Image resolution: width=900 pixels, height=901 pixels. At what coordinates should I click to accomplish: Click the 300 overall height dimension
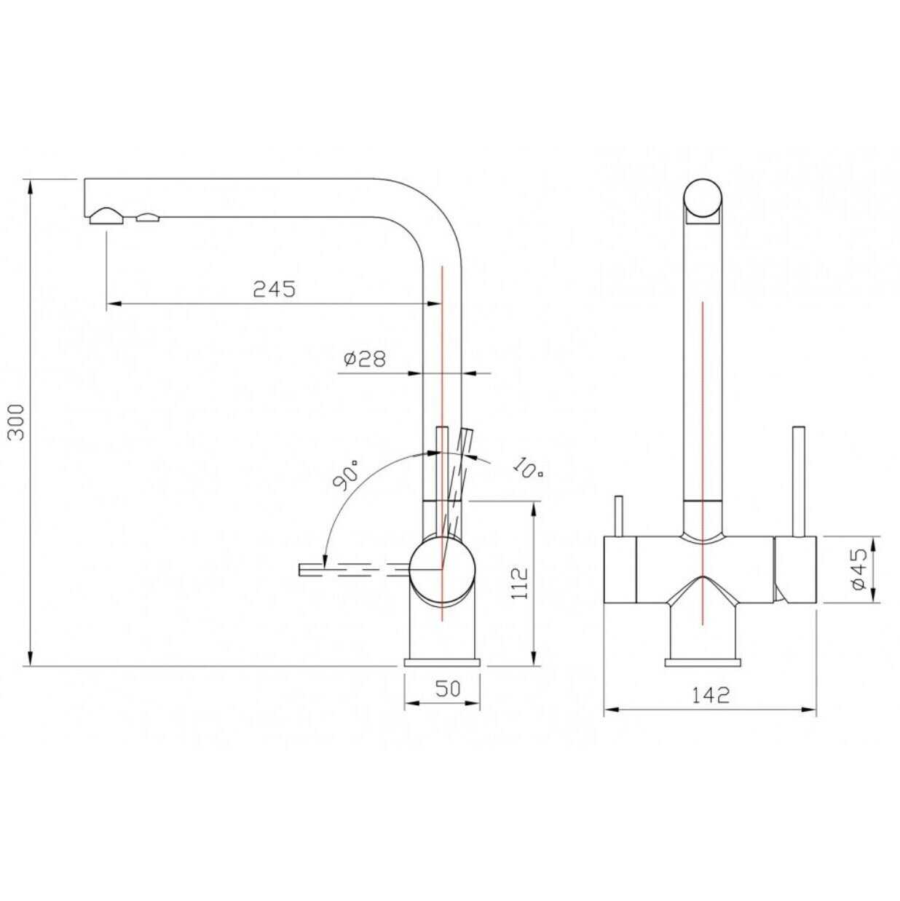pos(17,421)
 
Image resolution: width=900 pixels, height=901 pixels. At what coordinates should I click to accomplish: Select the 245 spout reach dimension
pos(275,289)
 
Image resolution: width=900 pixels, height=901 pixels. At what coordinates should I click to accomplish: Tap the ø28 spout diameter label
pos(365,359)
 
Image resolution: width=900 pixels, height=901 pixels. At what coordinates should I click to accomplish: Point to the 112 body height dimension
pos(519,583)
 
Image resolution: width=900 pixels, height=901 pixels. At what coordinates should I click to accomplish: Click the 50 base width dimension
pos(448,688)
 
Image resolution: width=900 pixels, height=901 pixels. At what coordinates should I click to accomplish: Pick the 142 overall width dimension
pos(711,708)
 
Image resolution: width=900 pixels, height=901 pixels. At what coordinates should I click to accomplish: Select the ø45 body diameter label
pos(860,569)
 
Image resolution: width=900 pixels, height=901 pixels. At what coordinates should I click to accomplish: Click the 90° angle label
pos(347,475)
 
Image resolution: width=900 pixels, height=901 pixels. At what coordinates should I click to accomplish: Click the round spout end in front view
pos(703,198)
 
